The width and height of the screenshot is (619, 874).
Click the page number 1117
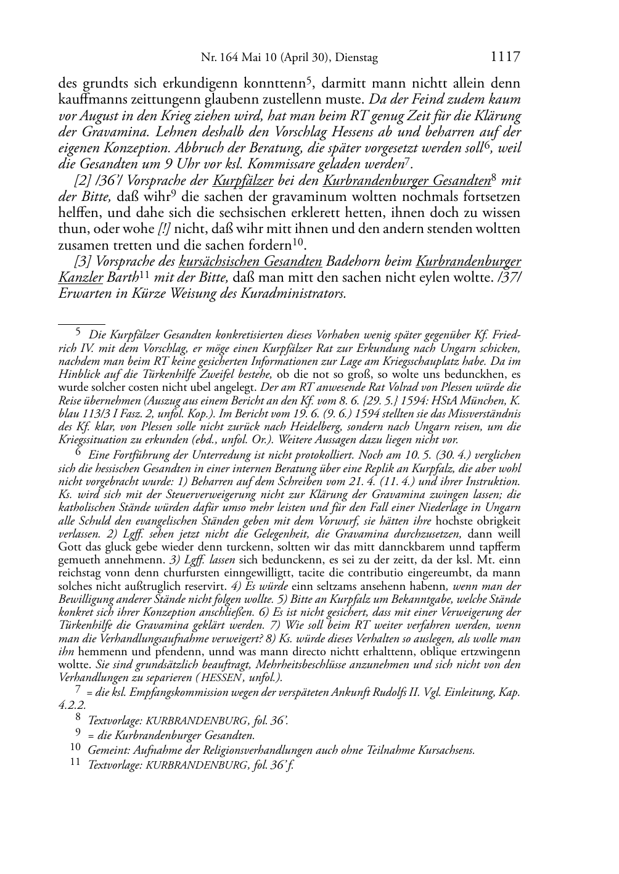pos(506,57)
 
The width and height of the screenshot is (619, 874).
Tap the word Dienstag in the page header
pos(355,58)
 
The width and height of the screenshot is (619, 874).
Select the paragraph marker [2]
pos(82,181)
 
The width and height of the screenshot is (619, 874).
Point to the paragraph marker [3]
pos(82,261)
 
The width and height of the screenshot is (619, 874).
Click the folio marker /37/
pos(509,277)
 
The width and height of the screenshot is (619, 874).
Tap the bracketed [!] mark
pos(164,229)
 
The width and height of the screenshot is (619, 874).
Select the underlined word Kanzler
pos(80,277)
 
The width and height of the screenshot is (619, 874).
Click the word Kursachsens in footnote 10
pos(450,750)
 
